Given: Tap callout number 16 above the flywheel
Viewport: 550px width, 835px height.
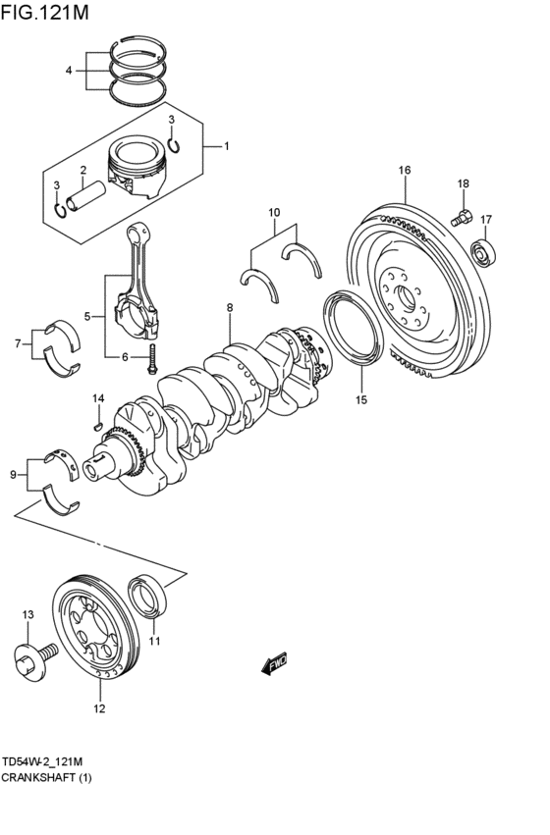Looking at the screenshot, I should (x=404, y=171).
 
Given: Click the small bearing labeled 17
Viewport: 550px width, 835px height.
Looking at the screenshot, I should (x=484, y=252).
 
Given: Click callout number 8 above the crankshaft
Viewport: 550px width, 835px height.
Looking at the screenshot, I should (x=229, y=308).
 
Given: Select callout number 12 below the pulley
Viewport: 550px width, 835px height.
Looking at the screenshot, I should (x=99, y=707).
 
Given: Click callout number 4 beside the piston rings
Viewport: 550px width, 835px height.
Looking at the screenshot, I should (x=69, y=71).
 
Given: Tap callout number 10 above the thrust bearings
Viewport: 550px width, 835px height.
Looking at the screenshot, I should (x=274, y=212).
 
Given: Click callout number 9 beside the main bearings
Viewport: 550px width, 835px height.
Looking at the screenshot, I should (x=13, y=475).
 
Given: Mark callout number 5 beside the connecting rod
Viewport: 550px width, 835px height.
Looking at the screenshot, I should (x=87, y=316).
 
